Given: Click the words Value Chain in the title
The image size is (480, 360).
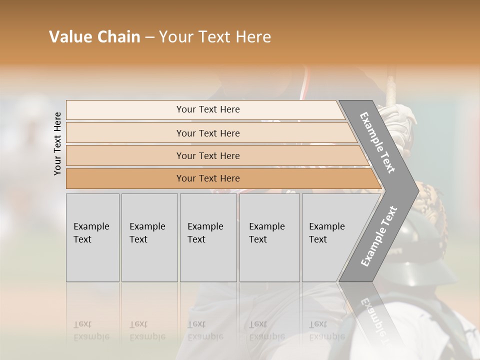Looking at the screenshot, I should tap(94, 37).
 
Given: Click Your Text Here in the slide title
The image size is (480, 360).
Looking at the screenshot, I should tap(215, 37).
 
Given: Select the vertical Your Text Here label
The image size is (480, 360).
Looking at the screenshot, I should tap(58, 143).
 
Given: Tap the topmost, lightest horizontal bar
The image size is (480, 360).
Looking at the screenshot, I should tap(207, 109).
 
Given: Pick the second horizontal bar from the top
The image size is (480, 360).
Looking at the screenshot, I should tap(207, 133).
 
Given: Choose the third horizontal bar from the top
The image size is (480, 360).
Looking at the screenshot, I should tap(207, 155).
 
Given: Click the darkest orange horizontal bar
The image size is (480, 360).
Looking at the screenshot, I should tap(207, 178).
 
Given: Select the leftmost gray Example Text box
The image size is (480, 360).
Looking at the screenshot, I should tap(92, 237).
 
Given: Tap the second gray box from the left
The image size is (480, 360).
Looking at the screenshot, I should tap(149, 237).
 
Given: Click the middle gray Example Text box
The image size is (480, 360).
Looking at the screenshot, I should tap(208, 237).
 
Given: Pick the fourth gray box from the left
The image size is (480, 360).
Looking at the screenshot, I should tap(269, 237).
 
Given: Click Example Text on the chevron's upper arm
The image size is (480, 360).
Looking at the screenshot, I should tap(377, 142).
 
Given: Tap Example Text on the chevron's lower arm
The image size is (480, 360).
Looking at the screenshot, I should tap(378, 236).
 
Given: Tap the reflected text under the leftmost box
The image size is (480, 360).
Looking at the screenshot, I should tap(91, 330).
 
